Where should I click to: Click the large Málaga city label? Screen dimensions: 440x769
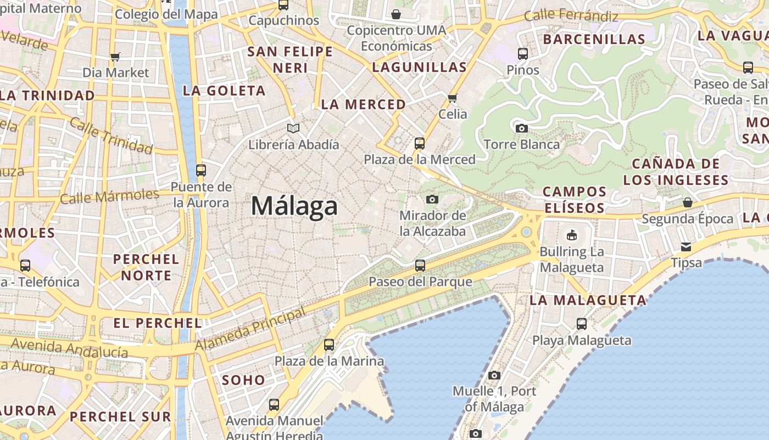(x=294, y=206)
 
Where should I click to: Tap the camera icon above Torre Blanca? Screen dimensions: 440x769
(x=522, y=129)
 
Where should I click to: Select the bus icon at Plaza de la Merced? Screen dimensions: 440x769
(x=420, y=144)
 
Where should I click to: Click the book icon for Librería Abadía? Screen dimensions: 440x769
(x=294, y=129)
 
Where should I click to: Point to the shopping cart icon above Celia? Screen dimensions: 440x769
(x=453, y=98)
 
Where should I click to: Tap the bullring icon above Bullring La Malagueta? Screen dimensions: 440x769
(x=572, y=235)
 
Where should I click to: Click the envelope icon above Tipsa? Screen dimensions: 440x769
(x=686, y=247)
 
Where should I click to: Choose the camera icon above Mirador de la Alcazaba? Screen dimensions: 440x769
(x=432, y=199)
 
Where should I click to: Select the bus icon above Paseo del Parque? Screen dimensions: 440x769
(x=420, y=266)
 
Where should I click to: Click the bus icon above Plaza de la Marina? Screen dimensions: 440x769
(x=329, y=345)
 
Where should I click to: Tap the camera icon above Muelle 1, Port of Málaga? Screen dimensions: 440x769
(x=494, y=375)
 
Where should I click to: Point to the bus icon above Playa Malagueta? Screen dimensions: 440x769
(x=582, y=324)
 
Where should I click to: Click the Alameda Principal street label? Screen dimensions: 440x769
(x=250, y=329)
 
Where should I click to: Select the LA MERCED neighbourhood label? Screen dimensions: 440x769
(x=364, y=104)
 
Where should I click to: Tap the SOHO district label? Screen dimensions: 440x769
(x=243, y=380)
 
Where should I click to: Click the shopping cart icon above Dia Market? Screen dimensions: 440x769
(x=115, y=57)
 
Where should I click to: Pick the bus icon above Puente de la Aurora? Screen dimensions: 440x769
(x=201, y=170)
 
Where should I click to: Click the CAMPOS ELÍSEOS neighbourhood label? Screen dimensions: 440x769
(x=575, y=200)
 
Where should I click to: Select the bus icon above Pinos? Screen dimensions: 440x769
(x=523, y=54)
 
